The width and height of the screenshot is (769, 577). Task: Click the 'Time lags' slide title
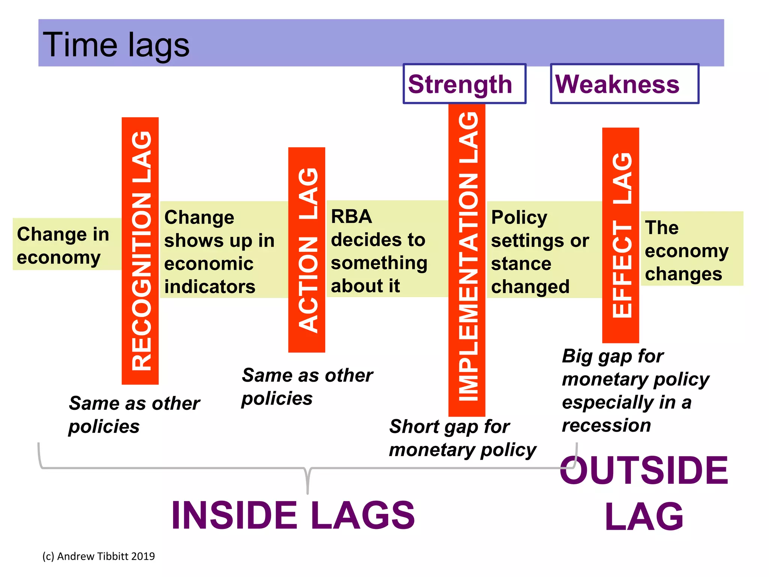coord(116,44)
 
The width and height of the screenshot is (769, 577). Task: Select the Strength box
coord(464,84)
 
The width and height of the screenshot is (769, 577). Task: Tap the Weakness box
coord(624,84)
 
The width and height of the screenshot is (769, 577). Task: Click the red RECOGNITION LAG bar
coord(140,251)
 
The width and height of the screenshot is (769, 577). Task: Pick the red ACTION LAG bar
coord(306,250)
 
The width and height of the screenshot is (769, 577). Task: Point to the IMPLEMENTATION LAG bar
coord(467,259)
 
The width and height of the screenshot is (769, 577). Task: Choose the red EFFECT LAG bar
coord(620,235)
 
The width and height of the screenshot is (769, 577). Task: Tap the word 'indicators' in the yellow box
coord(210,287)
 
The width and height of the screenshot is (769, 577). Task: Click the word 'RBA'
coord(351,217)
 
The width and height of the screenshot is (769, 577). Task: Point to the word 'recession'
coord(606,425)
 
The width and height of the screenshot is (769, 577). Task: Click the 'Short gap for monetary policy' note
coord(462,438)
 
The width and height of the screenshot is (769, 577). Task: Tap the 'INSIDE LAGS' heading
coord(293,515)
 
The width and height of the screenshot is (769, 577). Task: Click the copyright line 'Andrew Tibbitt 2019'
coord(98,556)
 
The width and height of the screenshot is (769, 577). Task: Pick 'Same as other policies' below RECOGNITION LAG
coord(134,415)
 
